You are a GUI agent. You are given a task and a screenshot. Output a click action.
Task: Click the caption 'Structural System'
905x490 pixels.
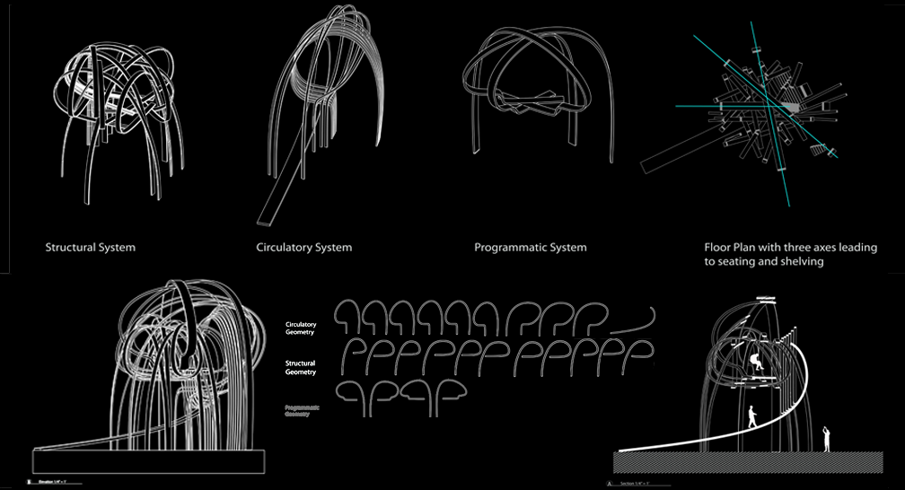coord(90,247)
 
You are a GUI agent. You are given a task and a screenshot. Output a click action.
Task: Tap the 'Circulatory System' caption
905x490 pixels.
coord(303,247)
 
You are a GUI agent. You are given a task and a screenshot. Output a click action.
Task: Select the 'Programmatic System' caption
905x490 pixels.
coord(530,247)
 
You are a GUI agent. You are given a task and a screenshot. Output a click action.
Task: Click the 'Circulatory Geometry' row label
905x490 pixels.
coord(301,328)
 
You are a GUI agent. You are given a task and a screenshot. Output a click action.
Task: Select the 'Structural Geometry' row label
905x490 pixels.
coord(301,365)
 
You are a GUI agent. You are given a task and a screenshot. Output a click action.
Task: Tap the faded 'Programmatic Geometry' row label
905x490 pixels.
coord(302,411)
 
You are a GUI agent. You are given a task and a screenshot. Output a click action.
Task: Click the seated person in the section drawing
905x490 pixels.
coord(758,362)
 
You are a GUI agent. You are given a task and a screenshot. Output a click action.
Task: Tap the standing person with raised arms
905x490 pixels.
coord(827,438)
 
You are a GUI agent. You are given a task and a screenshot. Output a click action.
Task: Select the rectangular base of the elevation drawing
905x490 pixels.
coord(148,460)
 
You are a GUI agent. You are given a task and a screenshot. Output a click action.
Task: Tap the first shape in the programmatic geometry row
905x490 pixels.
coord(356,397)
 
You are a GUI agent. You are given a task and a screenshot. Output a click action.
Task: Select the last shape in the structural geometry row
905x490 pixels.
coord(635,356)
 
